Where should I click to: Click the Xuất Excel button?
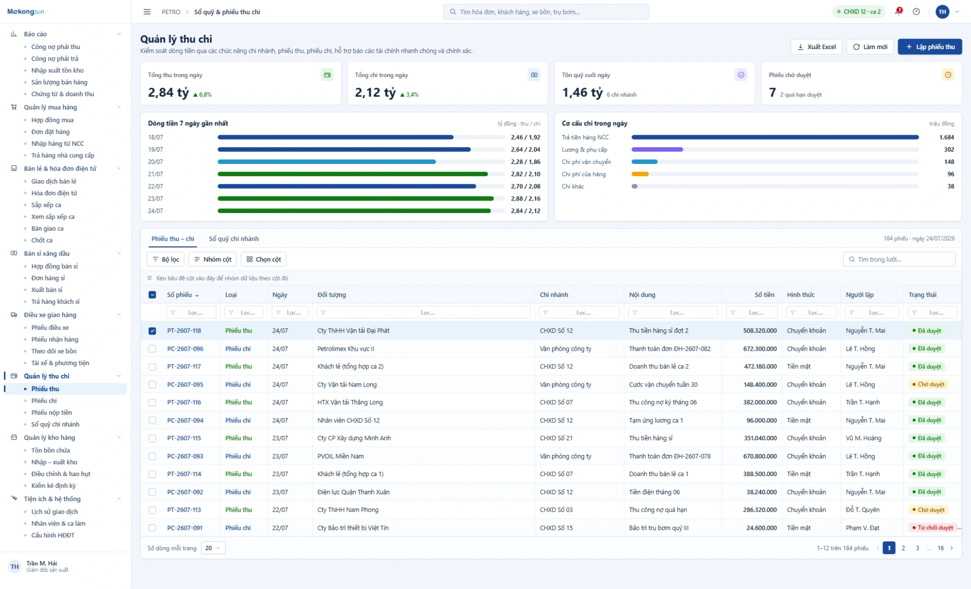(x=816, y=47)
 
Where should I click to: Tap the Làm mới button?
(x=870, y=47)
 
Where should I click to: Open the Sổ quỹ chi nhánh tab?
(x=234, y=239)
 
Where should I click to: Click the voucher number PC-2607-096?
(x=185, y=349)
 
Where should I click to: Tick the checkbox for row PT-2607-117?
(x=152, y=366)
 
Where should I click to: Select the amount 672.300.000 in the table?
(x=760, y=349)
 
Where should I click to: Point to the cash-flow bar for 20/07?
(x=327, y=162)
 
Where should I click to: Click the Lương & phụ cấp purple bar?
(x=657, y=150)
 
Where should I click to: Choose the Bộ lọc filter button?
(x=165, y=260)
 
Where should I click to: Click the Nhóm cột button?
(x=212, y=260)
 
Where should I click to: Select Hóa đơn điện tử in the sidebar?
(x=54, y=193)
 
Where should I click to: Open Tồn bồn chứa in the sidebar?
(x=51, y=450)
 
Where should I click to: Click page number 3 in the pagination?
(x=917, y=548)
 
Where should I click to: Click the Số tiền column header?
(x=764, y=294)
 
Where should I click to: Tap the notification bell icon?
(x=899, y=11)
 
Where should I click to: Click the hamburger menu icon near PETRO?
(x=147, y=12)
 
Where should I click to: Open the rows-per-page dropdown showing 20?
(x=213, y=548)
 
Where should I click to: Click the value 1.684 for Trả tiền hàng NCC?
(x=947, y=137)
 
